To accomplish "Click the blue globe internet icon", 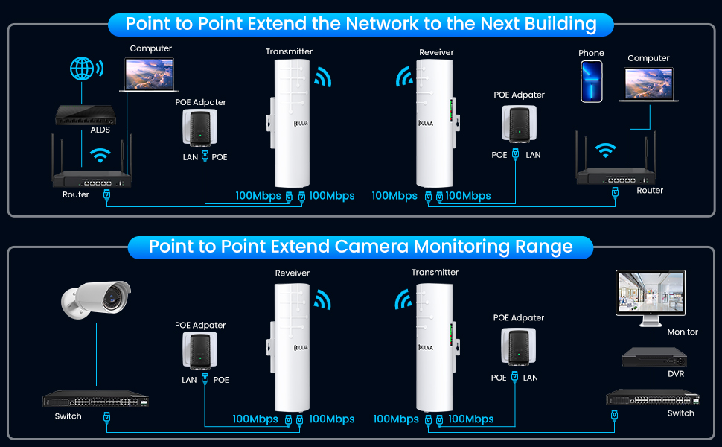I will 83,69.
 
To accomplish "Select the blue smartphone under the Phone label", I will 592,81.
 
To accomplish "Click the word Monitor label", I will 683,332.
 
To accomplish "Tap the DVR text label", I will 675,374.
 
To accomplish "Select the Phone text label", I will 591,53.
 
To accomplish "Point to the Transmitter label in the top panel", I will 289,51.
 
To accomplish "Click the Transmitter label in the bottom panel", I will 435,272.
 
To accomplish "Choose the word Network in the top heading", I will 383,24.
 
